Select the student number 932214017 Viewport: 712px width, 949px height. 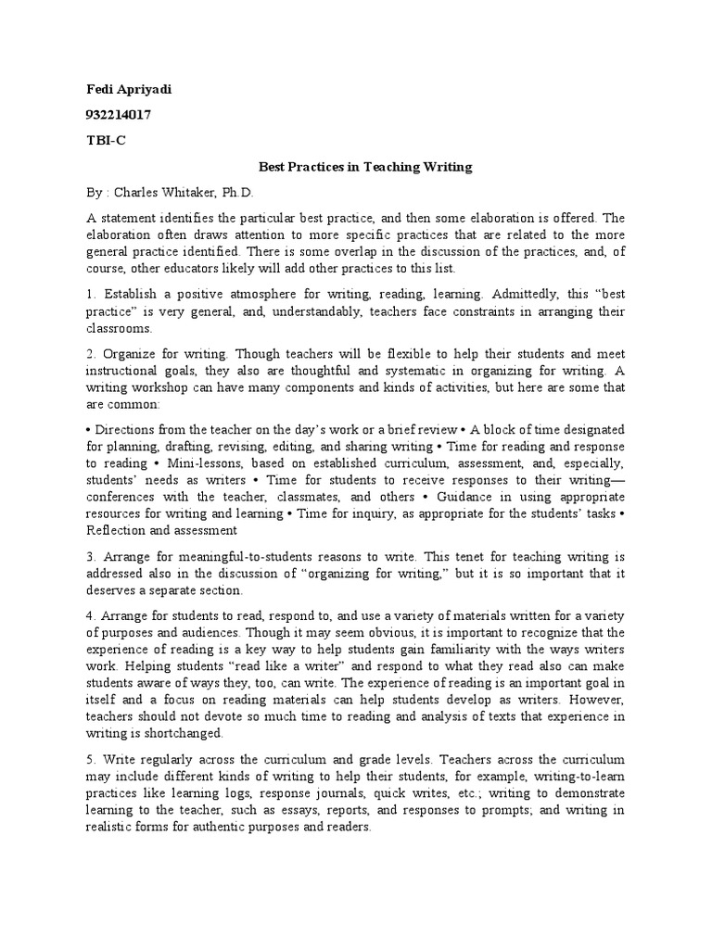coord(119,116)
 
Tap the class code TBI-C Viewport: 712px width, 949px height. coord(103,142)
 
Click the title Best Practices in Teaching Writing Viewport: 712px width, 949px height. coord(364,168)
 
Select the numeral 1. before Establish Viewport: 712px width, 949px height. coord(92,294)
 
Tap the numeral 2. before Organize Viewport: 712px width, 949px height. coord(93,355)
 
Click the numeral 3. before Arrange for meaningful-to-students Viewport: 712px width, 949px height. coord(92,556)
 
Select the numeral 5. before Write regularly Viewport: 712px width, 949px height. coord(92,759)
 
